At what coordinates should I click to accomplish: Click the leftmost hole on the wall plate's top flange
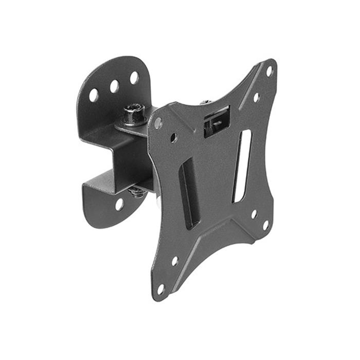point(94,95)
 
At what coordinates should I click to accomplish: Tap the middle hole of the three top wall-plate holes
point(115,86)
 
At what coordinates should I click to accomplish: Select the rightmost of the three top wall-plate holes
point(134,78)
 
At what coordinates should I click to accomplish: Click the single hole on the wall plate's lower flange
point(119,204)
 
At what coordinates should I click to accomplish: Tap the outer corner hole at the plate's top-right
point(269,71)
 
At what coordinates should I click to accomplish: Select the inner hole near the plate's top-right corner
point(256,97)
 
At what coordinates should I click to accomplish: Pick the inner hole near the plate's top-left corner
point(174,137)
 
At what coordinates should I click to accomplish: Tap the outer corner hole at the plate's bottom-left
point(160,288)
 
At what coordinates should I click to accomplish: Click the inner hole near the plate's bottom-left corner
point(175,261)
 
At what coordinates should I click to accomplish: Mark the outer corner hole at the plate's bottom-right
point(266,225)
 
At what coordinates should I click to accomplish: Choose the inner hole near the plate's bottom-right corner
point(254,213)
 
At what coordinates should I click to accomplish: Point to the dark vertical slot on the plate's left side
point(188,193)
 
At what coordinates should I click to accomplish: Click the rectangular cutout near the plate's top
point(217,121)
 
